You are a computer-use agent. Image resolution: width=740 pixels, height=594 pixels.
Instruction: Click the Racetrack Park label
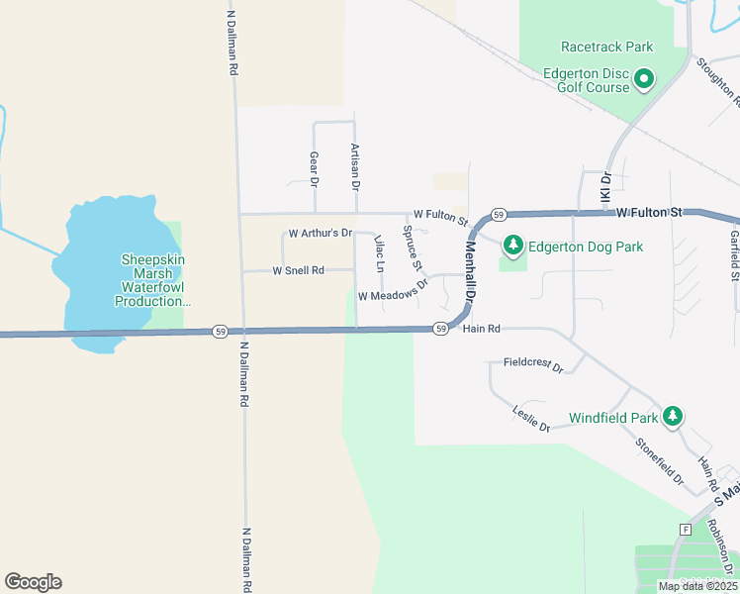point(606,47)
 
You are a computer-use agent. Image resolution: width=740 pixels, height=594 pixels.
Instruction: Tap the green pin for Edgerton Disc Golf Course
point(644,78)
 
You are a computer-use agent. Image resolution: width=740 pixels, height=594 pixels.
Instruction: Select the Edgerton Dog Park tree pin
point(512,245)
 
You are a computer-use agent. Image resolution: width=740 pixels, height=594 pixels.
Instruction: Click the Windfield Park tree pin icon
point(673,415)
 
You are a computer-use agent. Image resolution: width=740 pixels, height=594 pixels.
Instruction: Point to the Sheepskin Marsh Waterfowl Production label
point(152,280)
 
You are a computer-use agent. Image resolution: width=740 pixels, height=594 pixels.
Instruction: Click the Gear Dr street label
point(314,169)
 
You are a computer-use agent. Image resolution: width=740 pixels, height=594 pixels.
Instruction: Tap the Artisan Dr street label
point(354,165)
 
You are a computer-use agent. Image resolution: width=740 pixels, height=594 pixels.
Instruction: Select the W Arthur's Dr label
point(320,234)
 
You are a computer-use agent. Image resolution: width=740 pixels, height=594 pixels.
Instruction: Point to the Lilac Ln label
point(378,253)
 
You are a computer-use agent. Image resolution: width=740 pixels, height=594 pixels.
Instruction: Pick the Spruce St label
point(413,248)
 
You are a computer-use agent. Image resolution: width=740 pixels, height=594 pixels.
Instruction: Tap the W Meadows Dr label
point(393,289)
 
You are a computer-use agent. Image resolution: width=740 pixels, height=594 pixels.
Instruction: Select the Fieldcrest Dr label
point(533,366)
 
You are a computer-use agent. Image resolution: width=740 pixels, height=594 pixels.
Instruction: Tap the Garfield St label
point(734,251)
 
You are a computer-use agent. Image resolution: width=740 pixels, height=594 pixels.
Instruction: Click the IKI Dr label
point(606,189)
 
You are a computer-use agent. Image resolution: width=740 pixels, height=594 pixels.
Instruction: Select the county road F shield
point(685,530)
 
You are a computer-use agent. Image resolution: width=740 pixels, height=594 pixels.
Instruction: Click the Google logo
point(33,582)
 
